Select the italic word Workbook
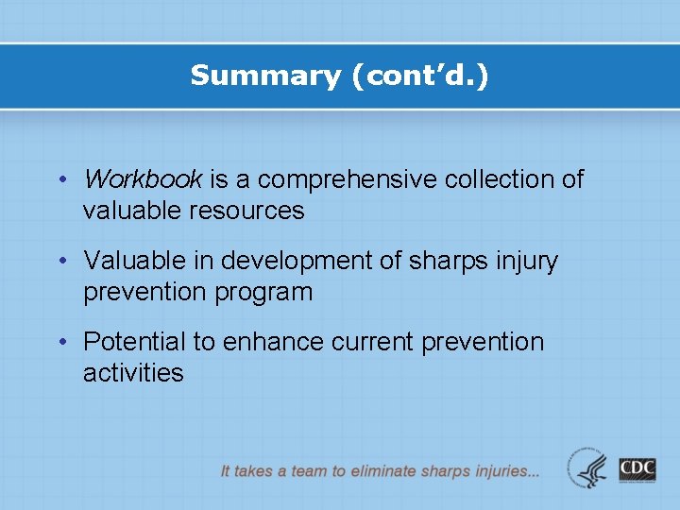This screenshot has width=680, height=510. (x=143, y=178)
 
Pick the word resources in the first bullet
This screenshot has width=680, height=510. (x=249, y=211)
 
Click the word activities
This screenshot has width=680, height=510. (x=133, y=373)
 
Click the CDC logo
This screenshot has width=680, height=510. (x=637, y=468)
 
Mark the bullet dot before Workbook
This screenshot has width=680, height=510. (x=62, y=179)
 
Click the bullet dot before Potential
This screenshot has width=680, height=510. (x=62, y=342)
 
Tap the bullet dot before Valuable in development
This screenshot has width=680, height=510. (x=62, y=261)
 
